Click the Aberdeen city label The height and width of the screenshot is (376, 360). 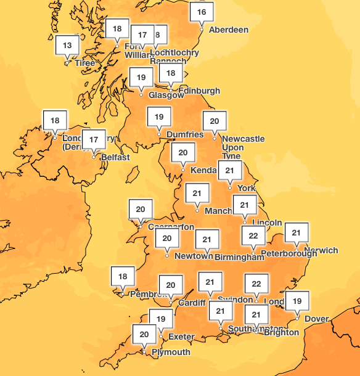point(229,30)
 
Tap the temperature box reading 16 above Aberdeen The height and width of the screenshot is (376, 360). point(202,12)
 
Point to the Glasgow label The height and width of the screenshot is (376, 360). point(166,95)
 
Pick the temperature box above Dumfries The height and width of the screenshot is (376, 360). point(159,116)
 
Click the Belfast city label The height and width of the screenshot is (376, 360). point(115,157)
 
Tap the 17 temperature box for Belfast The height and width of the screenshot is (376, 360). point(94,140)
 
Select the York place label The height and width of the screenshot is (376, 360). point(246,187)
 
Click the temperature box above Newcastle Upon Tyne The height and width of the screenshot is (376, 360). point(215,121)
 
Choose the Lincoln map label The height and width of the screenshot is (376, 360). point(267,223)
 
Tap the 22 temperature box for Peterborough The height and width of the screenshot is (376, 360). point(253,235)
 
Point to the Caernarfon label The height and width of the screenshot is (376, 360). point(171,226)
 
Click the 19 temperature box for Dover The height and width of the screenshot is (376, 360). point(297,301)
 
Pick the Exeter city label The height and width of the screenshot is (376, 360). point(181,337)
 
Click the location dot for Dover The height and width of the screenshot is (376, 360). point(297,318)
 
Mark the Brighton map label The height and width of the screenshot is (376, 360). point(280,332)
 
